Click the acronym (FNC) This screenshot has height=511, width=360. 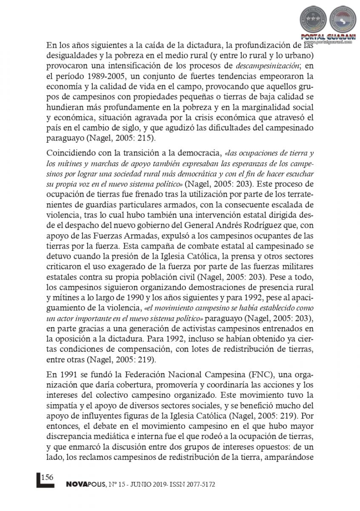coord(266,375)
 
